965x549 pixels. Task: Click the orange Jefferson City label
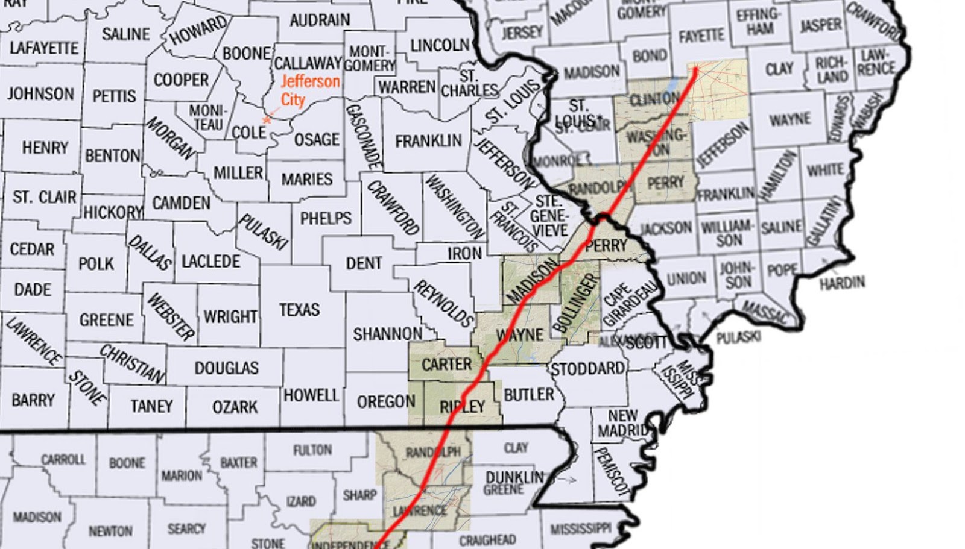(309, 90)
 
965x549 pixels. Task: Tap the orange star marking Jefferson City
(267, 120)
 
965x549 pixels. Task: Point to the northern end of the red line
(695, 69)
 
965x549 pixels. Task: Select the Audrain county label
(319, 20)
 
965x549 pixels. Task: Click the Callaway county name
(308, 63)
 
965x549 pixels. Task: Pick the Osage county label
(316, 140)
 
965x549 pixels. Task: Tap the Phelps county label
(325, 218)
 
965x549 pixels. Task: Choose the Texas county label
(299, 310)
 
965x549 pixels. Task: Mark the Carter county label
(446, 365)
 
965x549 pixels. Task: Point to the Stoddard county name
(587, 368)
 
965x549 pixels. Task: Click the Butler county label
(528, 395)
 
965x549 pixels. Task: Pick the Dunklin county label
(514, 477)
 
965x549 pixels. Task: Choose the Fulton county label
(312, 450)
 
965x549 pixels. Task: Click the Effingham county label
(759, 21)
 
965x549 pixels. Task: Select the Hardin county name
(842, 282)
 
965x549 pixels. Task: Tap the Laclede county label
(210, 262)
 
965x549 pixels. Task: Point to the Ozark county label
(235, 407)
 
